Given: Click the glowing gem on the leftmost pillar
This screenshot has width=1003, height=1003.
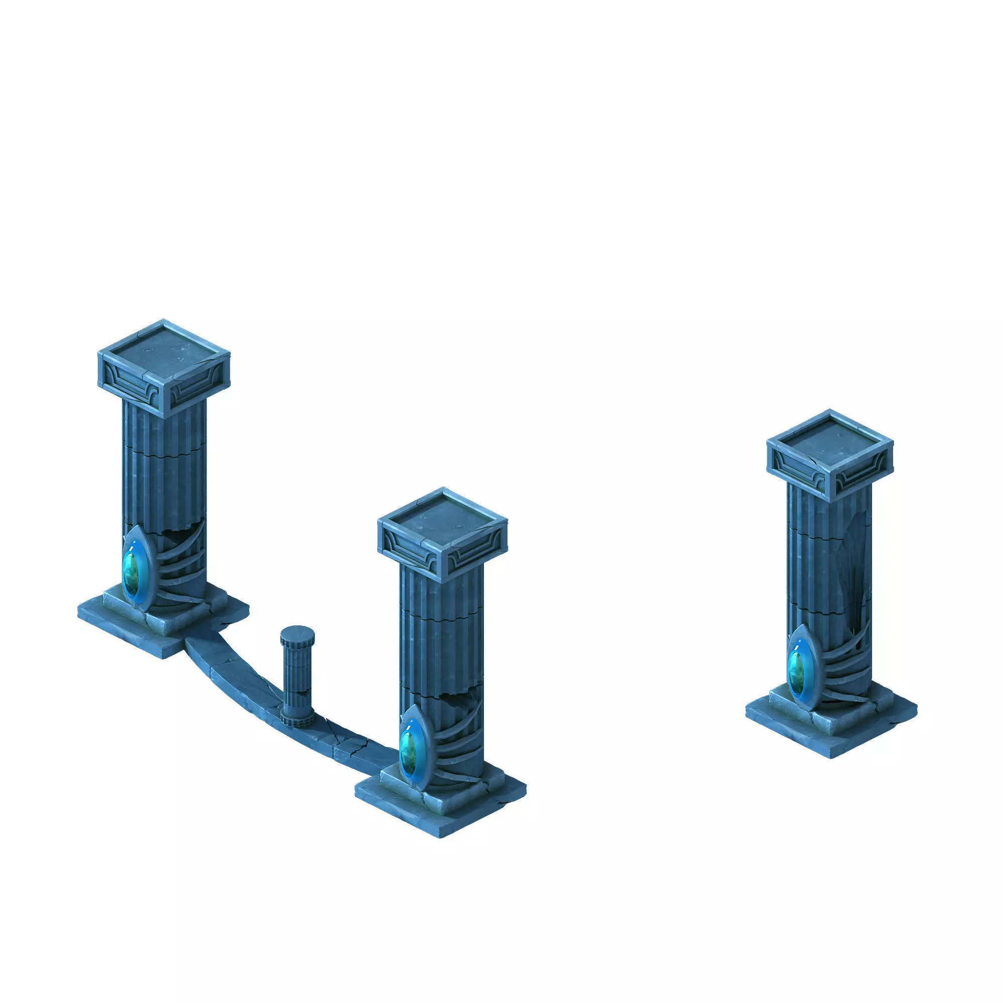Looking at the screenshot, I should point(134,573).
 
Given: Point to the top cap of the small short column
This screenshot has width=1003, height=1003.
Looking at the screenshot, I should point(297,634).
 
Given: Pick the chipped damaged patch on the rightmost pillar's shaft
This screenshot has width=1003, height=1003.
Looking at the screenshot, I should point(857,571).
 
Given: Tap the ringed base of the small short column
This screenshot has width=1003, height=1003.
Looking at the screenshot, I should point(297,719).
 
